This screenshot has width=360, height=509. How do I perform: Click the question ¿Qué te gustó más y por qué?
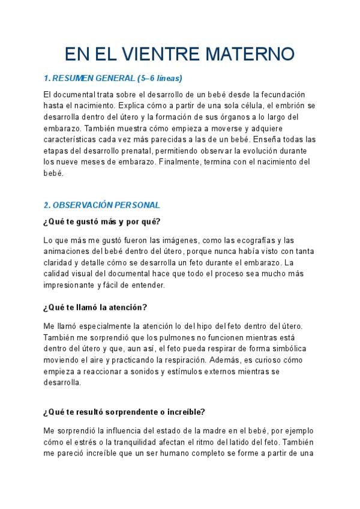(x=101, y=221)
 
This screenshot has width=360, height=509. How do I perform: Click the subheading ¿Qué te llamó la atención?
(x=95, y=307)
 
